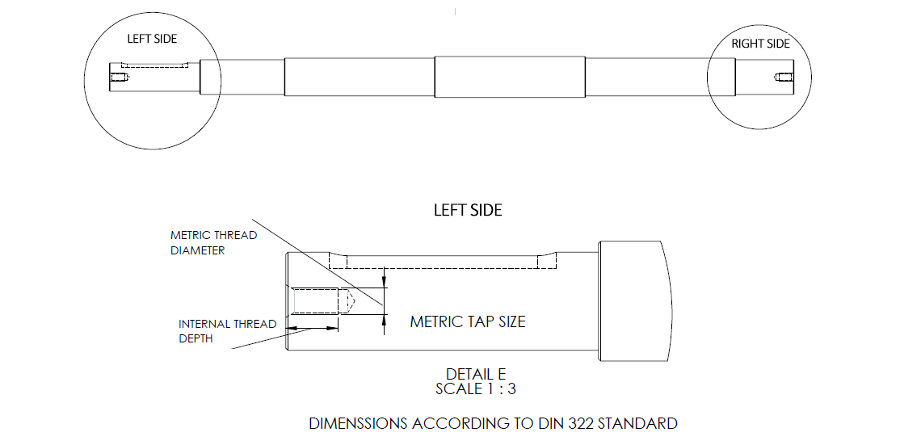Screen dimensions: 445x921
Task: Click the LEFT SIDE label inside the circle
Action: coord(152,39)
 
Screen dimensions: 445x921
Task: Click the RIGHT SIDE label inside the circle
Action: coord(760,44)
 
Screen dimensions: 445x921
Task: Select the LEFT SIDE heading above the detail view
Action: coord(468,210)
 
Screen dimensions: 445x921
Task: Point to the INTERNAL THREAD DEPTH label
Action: coord(227,331)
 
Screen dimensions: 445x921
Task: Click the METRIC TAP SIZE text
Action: coord(468,321)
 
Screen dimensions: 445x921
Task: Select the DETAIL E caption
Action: coord(475,374)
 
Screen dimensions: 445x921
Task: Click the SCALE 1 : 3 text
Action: coord(475,388)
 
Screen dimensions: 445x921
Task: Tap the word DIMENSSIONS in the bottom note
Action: coord(358,423)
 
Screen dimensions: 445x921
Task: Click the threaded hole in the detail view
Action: coord(317,301)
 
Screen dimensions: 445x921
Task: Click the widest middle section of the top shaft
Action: coord(509,78)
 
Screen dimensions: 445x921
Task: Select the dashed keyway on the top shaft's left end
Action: coord(153,65)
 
